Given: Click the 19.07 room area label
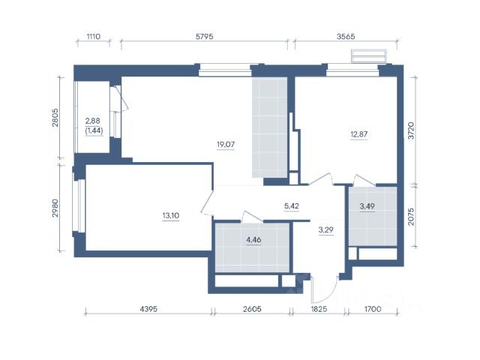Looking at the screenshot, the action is (226, 144).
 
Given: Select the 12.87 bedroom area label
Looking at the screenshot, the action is (358, 134).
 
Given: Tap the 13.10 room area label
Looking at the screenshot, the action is (171, 215).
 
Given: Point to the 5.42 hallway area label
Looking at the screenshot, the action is (292, 206).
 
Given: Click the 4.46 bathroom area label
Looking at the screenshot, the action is (253, 240).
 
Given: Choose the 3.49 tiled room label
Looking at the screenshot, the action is (367, 206).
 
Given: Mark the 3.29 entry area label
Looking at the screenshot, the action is (325, 229).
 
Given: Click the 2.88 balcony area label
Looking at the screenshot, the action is (93, 121).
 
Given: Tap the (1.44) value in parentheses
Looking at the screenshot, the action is (94, 130).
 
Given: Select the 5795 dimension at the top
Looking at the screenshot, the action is (205, 37).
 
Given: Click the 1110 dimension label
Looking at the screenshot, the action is (93, 37).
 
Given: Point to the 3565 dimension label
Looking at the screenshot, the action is (346, 37).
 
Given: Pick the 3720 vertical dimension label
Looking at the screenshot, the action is (411, 130).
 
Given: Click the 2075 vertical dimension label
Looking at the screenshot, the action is (411, 217).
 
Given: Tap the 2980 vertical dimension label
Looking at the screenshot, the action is (55, 208).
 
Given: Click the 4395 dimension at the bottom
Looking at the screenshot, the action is (148, 309).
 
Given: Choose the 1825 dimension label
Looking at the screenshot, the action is (319, 309).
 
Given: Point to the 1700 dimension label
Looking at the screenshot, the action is (373, 309).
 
